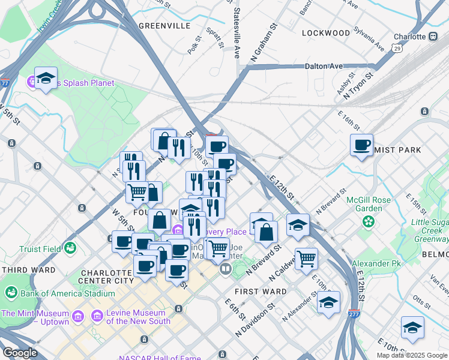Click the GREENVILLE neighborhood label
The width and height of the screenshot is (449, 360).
pos(164,26)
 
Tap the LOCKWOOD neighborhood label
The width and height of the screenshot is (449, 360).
pos(326,33)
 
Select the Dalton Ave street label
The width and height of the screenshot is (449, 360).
pos(324,67)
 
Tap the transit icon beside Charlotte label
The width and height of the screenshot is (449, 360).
pos(433,37)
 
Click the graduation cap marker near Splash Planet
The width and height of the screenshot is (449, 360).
pos(46,79)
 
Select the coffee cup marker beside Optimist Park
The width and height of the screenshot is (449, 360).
pos(362,146)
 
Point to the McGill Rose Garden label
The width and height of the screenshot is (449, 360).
pos(368,204)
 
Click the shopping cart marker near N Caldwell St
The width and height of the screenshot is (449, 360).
pos(306,259)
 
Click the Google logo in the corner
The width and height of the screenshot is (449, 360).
pos(20,353)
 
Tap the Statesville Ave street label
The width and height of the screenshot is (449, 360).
pos(237,34)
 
